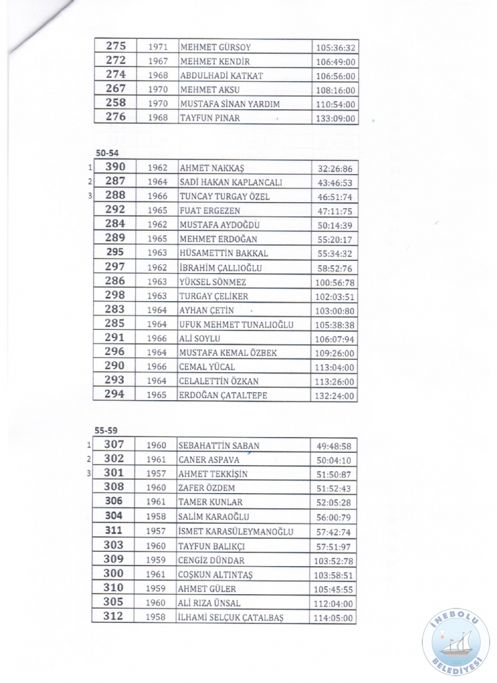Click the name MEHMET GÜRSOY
click(x=215, y=48)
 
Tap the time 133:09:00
click(x=336, y=119)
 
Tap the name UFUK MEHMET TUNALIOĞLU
click(x=236, y=324)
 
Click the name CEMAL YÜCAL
click(x=207, y=367)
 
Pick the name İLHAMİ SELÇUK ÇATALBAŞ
click(x=230, y=617)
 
